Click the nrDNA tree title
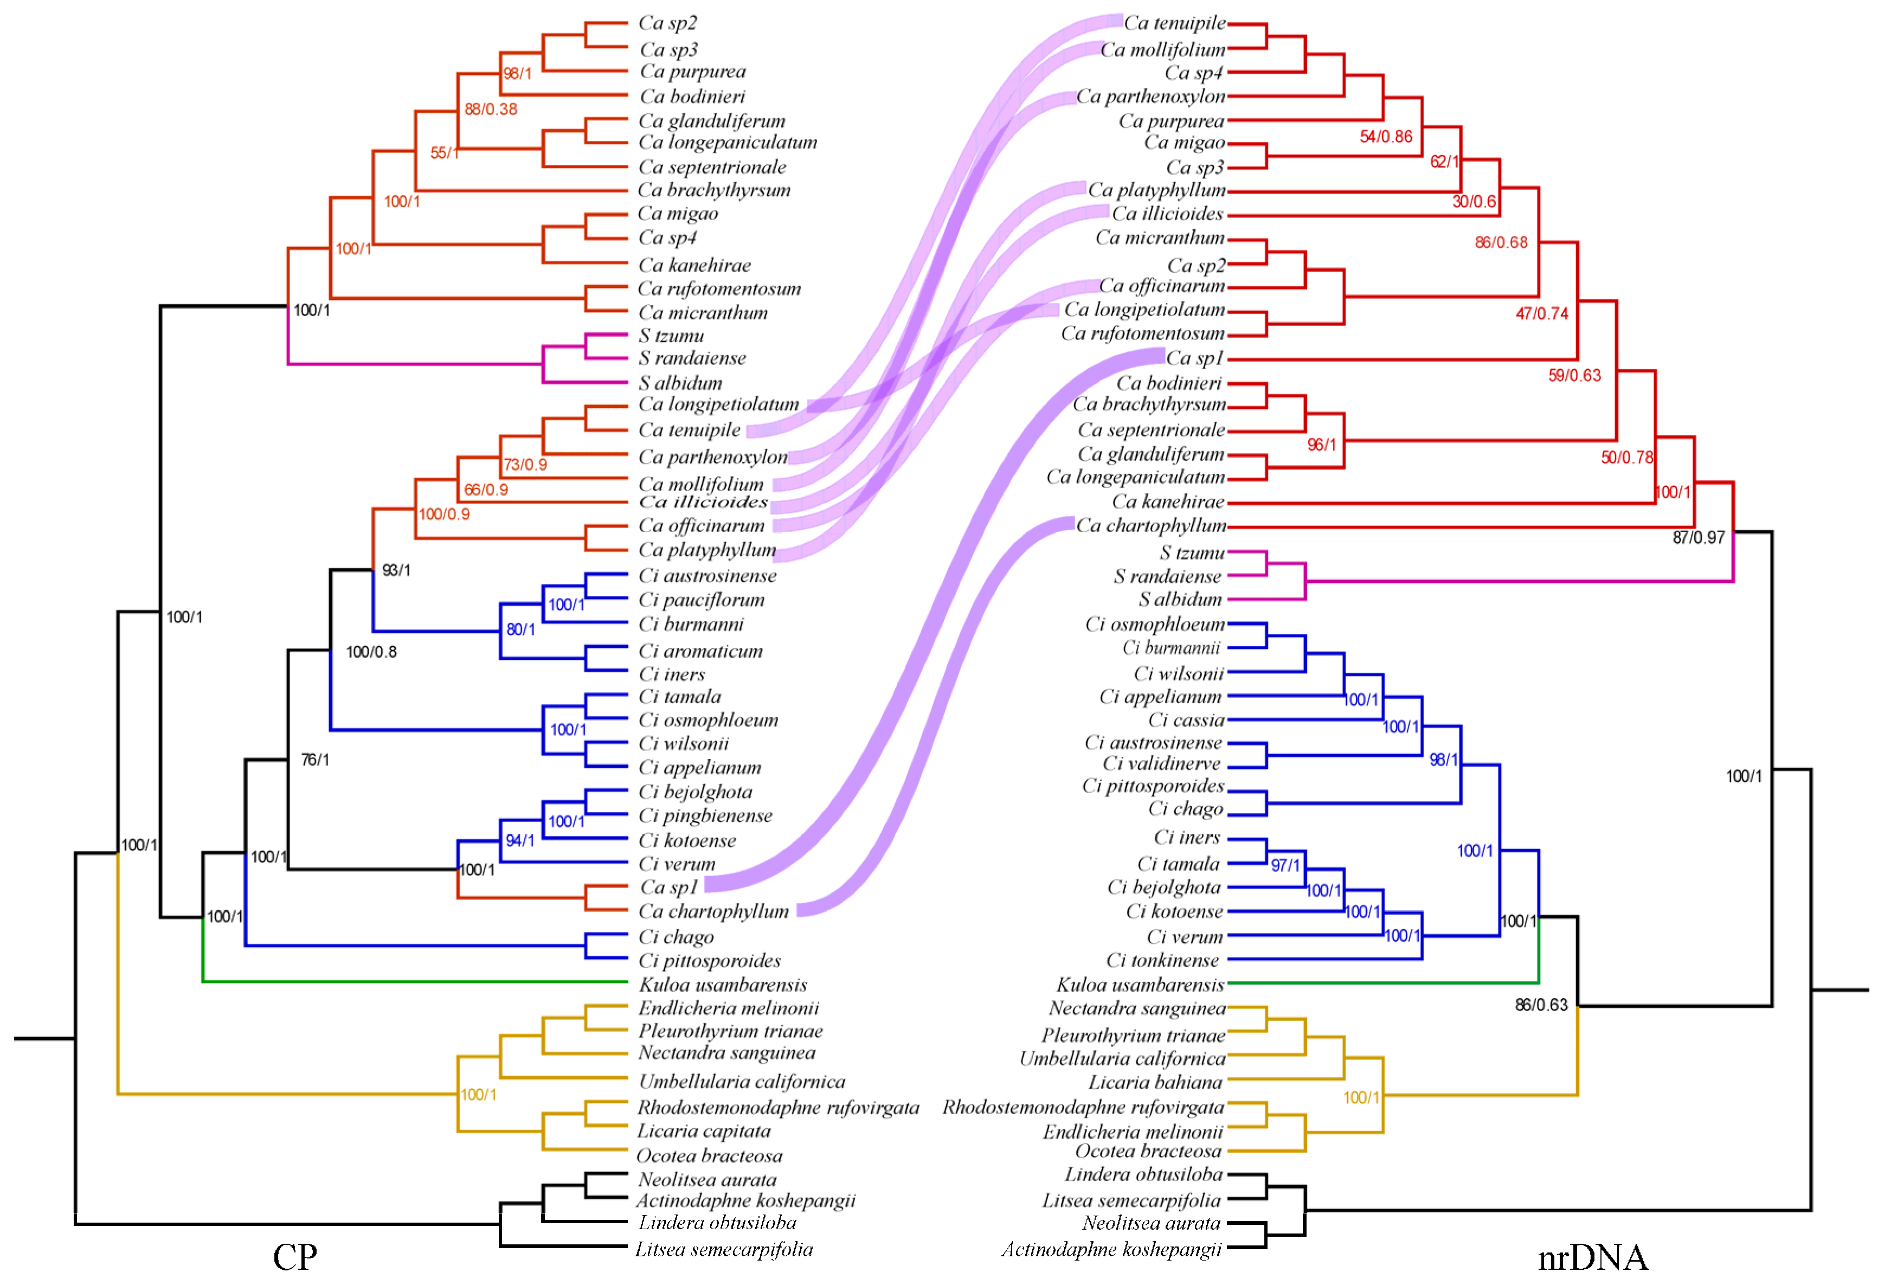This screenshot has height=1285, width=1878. pos(1592,1257)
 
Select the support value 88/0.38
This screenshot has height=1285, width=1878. pos(491,109)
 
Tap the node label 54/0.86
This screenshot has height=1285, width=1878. pos(1386,137)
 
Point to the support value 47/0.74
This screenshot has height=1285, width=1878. pos(1542,313)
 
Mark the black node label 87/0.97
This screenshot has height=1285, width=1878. pos(1699,537)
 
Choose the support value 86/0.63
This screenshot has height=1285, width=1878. pos(1541,1005)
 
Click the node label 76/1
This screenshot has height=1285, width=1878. pos(314,760)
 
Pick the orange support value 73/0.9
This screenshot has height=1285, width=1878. pos(525,465)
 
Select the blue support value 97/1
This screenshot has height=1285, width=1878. pos(1285,865)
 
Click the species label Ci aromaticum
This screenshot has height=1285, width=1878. pos(700,651)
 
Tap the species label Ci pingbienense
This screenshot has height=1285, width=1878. pos(705,816)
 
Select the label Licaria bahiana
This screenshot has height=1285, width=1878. pos(1155,1082)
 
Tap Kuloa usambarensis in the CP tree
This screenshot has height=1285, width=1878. pos(723,985)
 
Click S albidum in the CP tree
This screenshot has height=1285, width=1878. pos(680,383)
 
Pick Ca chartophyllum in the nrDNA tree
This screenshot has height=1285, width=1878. pos(1151,526)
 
